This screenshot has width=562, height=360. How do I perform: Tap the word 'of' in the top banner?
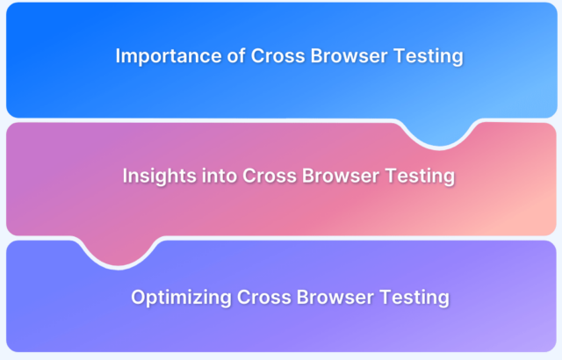click(236, 55)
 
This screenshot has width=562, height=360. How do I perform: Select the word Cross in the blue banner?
click(277, 56)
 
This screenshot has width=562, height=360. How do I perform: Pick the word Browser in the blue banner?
click(349, 56)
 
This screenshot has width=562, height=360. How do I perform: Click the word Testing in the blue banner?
click(429, 57)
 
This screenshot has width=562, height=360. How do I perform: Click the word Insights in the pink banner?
click(160, 176)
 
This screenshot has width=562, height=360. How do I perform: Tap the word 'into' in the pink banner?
click(220, 176)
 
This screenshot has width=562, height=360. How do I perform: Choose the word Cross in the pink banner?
click(270, 176)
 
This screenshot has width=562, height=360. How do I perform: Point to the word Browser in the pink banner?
click(341, 176)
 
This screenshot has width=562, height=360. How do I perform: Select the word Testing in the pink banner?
click(420, 176)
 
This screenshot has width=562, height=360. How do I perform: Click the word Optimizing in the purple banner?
click(182, 298)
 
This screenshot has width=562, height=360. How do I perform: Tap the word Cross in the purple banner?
click(264, 297)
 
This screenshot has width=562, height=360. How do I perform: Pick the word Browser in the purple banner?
click(335, 297)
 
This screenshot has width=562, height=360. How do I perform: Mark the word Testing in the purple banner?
click(414, 298)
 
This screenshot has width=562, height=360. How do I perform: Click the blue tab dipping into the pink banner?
click(440, 133)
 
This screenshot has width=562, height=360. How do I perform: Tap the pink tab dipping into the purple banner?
click(119, 252)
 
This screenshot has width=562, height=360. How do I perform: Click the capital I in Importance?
click(118, 56)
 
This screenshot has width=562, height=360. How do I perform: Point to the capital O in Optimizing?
click(139, 298)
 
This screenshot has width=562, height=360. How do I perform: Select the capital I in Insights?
click(125, 176)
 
